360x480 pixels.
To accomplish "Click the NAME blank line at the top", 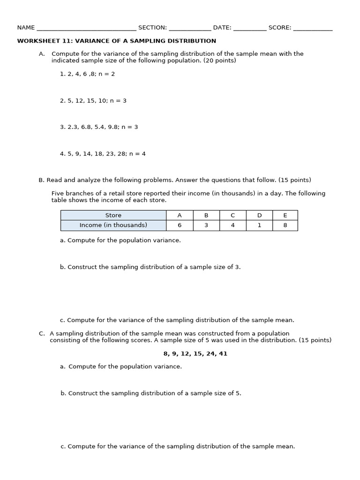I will click(86, 28).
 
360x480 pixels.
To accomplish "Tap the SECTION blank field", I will click(190, 28).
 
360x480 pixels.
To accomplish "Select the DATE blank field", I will click(250, 28).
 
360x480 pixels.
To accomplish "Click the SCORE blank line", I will click(313, 28).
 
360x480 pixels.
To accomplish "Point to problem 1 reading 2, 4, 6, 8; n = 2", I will click(87, 74).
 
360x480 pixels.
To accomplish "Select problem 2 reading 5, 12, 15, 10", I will click(93, 101).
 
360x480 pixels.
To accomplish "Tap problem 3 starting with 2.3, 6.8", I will click(99, 127).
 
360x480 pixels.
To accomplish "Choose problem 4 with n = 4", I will click(103, 154).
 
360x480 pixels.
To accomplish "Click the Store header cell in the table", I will click(113, 215).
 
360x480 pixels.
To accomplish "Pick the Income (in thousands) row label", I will click(113, 225).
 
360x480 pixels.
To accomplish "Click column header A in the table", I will click(180, 215).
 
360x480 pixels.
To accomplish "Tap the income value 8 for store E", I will click(285, 225).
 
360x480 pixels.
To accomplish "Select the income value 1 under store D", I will click(259, 225).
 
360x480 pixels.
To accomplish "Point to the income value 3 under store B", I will click(206, 225).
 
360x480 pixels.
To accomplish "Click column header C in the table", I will click(232, 215).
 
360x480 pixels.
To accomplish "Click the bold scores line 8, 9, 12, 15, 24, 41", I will click(195, 354).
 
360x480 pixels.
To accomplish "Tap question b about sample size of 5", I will click(150, 393).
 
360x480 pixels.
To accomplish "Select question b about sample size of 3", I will click(150, 267).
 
